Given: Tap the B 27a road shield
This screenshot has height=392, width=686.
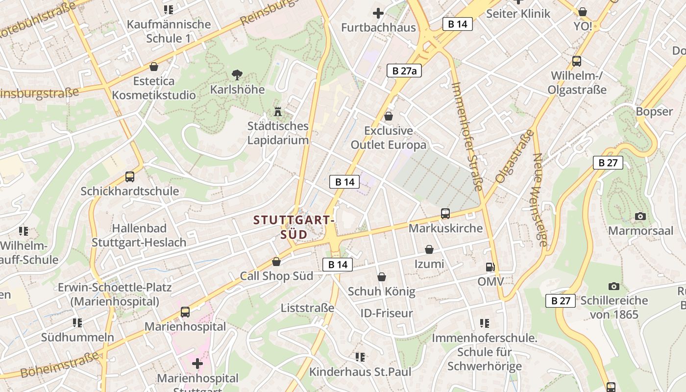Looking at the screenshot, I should coord(404,71).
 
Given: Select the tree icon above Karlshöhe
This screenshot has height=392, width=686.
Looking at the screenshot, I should coord(237,75).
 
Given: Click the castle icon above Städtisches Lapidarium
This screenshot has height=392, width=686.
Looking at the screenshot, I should coord(278,111).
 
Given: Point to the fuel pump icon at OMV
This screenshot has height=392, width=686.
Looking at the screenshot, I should coord(490,267).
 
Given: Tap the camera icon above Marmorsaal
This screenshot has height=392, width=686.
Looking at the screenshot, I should coord(640,216).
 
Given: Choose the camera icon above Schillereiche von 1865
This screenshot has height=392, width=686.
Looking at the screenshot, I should coord(613,286).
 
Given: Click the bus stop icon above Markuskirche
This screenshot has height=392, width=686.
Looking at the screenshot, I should coord(445,214).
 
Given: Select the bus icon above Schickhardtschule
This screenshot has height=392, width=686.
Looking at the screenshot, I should coord(129,177).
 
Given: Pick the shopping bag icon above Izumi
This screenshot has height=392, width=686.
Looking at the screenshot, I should coord(429,249).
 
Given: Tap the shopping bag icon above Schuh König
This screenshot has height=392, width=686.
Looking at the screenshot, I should coord(381,277).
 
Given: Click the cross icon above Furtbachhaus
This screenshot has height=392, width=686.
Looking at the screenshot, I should coord(378,13).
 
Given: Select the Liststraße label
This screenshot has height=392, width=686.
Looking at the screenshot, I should coord(307,308).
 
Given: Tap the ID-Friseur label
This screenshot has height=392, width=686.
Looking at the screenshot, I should coord(387,313).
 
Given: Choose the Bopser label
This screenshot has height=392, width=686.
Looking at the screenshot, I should coord(654,111).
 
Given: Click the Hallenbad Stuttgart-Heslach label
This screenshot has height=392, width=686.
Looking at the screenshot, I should coord(139,235).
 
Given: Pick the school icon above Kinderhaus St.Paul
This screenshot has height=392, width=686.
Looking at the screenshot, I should coord(360,357).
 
